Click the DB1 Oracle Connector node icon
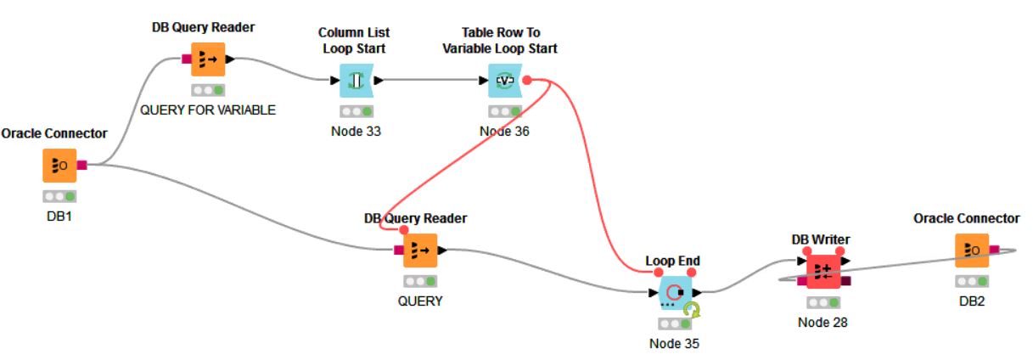click(x=59, y=166)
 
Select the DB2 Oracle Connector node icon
click(x=972, y=250)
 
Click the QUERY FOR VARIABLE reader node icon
click(x=208, y=59)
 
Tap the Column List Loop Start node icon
click(x=356, y=81)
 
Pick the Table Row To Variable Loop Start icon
click(x=505, y=81)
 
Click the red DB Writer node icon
click(x=822, y=271)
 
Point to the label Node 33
click(x=356, y=131)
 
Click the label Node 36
click(x=504, y=131)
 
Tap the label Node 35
click(x=675, y=344)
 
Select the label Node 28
click(x=822, y=322)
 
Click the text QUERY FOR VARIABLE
click(x=208, y=110)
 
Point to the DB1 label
click(x=59, y=216)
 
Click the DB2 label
click(x=972, y=301)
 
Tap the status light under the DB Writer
click(x=823, y=302)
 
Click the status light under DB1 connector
click(x=59, y=196)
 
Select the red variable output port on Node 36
click(x=527, y=80)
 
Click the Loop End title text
click(x=672, y=261)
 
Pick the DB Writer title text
click(x=821, y=239)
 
